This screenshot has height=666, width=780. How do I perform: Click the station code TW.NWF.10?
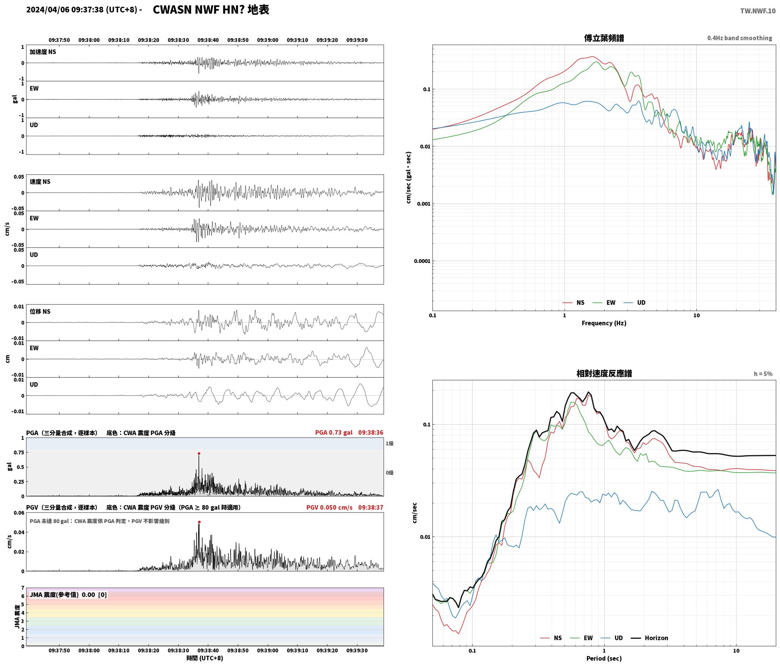coord(758,11)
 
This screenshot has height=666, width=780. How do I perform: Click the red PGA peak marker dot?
coord(199,453)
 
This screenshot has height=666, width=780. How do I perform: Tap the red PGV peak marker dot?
coord(199,522)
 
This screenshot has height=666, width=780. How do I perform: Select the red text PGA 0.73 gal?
coord(334,433)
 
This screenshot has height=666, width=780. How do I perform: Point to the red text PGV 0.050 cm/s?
coord(329,507)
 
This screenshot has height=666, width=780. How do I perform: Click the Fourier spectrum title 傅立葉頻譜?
coord(604,38)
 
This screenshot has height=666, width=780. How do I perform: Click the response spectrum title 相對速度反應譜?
coord(604,373)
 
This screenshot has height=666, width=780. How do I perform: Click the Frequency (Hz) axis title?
coord(604,323)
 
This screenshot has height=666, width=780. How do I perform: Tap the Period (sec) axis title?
coord(604,658)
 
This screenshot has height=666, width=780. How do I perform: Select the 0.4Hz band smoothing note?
coord(739,38)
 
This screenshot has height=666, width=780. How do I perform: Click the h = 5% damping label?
coord(763,373)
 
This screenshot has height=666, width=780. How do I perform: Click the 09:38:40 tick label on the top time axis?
coord(208,40)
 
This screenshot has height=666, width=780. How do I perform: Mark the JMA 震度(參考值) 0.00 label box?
coord(68,594)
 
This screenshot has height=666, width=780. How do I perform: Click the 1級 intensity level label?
coord(390,443)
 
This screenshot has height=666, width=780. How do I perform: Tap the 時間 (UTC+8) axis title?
coord(205,658)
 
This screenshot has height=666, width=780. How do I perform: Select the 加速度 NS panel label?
coord(43,52)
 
